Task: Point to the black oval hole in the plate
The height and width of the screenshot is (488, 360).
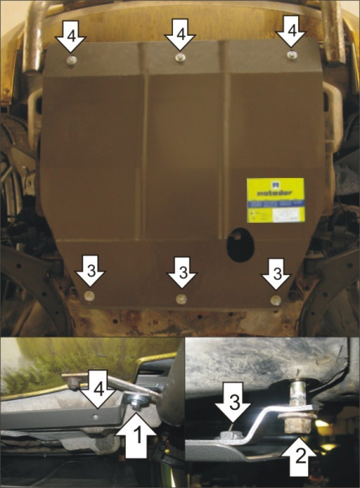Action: click(240, 246)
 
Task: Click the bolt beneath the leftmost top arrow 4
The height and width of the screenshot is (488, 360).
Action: click(73, 61)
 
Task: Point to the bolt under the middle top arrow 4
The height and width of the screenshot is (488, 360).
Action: click(180, 59)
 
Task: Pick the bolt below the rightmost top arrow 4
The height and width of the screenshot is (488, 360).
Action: click(292, 54)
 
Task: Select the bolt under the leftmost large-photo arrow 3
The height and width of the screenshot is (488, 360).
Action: click(89, 295)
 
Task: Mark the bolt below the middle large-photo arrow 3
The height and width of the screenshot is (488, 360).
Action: click(181, 299)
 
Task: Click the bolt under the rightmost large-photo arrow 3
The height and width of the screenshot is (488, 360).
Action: click(275, 300)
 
